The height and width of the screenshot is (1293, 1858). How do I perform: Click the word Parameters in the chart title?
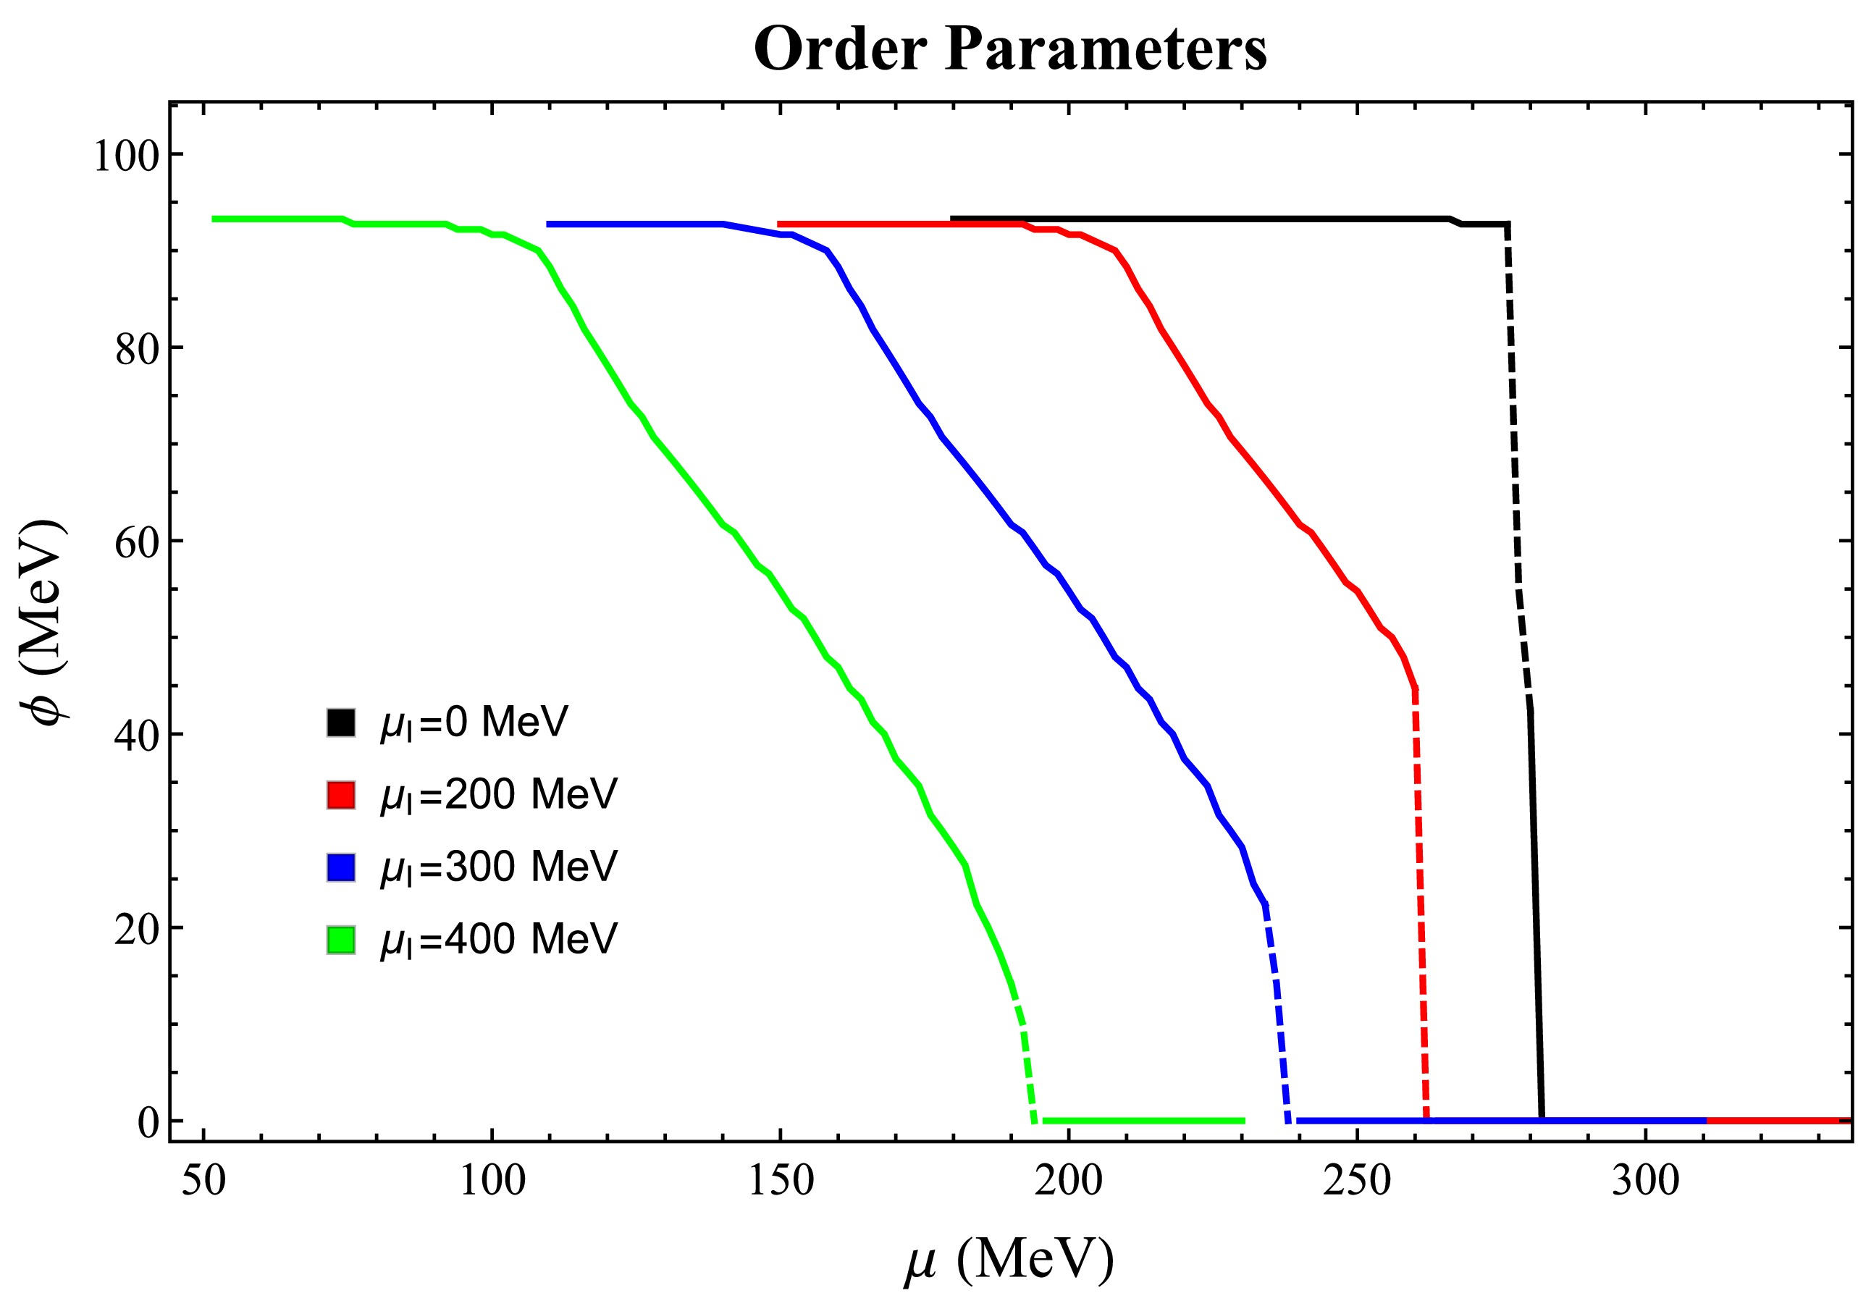(x=1106, y=49)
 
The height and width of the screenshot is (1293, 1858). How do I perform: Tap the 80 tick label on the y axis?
(x=137, y=349)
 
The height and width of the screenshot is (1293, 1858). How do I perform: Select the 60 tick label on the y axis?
(x=137, y=542)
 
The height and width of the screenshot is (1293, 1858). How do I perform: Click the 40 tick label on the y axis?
(x=137, y=736)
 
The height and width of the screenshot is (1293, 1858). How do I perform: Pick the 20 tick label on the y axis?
(x=137, y=929)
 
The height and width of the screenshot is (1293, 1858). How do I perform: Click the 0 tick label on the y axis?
(x=148, y=1122)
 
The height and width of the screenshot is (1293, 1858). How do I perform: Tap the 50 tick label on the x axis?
(x=203, y=1181)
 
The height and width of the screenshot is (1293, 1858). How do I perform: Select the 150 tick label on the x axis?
(x=780, y=1181)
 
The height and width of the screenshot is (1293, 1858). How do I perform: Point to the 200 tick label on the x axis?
(x=1068, y=1181)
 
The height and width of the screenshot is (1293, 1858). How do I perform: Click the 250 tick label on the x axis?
(x=1357, y=1181)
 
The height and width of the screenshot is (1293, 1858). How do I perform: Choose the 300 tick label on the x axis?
(x=1645, y=1181)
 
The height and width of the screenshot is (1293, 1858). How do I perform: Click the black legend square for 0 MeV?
(x=341, y=723)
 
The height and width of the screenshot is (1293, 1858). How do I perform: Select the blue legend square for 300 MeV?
(x=341, y=867)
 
